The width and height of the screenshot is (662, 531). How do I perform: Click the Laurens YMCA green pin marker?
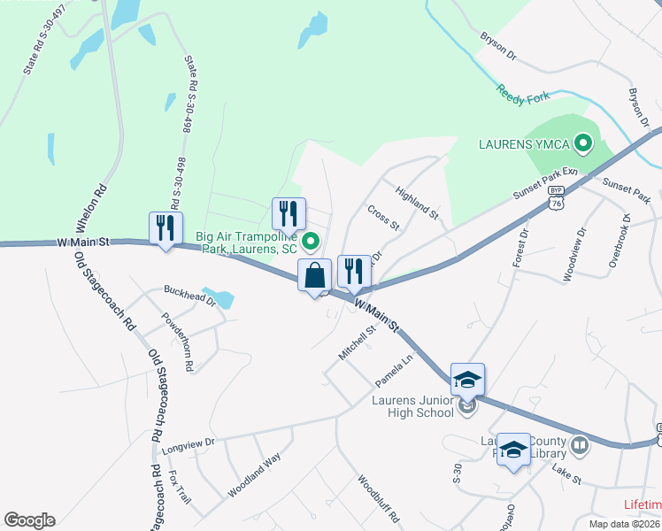pos(583,142)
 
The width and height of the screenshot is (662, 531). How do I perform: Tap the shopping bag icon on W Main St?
pos(315,275)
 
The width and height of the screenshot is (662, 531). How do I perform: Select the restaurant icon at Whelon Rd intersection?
pos(165,228)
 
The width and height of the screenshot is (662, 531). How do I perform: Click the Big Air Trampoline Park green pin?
pos(311,241)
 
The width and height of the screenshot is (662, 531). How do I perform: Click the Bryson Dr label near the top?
pos(498,47)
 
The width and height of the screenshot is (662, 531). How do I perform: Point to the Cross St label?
pos(383,218)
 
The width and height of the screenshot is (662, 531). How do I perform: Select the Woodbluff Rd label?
pos(380,498)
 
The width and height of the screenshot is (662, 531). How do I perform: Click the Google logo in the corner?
pos(29,520)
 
